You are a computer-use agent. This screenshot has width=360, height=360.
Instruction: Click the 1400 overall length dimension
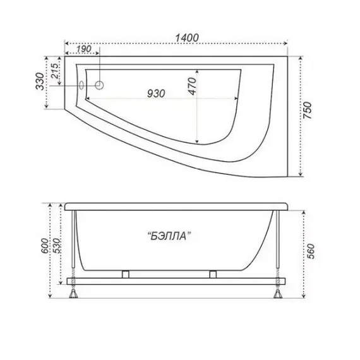[187, 38]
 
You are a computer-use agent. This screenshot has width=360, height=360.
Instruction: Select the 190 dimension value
[83, 49]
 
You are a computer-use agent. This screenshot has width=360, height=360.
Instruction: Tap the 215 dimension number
[54, 71]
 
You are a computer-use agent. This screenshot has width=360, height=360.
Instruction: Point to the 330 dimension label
[40, 81]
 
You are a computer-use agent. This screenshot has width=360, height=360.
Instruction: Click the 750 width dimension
[308, 111]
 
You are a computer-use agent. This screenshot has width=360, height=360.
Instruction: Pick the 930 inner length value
[156, 93]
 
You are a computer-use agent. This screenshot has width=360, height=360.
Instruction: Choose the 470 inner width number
[192, 86]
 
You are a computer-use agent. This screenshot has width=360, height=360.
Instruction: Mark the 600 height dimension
[45, 246]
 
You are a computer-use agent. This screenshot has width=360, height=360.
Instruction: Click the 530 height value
[56, 246]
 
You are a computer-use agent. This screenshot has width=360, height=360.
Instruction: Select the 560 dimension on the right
[311, 251]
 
